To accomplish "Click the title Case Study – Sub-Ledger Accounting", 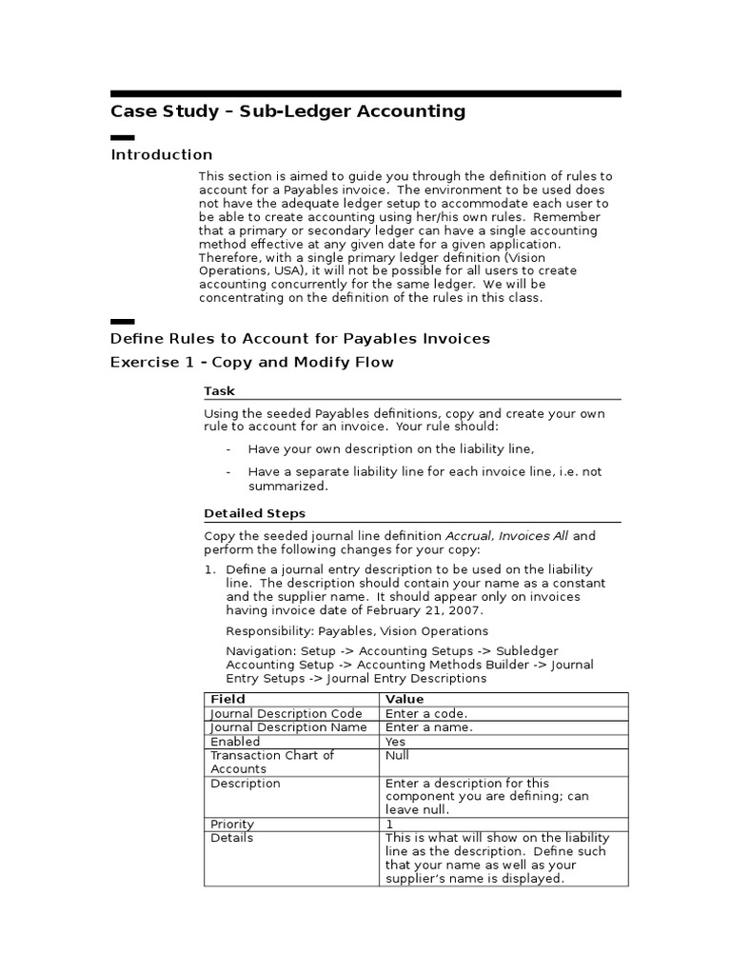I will click(287, 111).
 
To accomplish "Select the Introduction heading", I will click(162, 154).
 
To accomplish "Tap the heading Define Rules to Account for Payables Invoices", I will click(300, 338).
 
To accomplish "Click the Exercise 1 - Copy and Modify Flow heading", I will click(251, 362).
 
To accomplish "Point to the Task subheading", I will click(219, 390).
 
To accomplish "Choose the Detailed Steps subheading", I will click(254, 513).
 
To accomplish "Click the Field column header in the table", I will click(227, 699).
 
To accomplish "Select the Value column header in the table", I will click(405, 699).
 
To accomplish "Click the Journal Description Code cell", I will click(286, 713).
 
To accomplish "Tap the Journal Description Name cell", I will click(287, 727).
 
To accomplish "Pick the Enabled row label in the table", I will click(234, 742).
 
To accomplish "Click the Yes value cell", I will click(396, 742).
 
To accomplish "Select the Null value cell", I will click(397, 755).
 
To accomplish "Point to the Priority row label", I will click(232, 824).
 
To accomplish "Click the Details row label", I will click(231, 838).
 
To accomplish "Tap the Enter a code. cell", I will click(426, 713).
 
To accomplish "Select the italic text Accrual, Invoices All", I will click(507, 536).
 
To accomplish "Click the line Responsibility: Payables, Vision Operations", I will click(357, 630).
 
